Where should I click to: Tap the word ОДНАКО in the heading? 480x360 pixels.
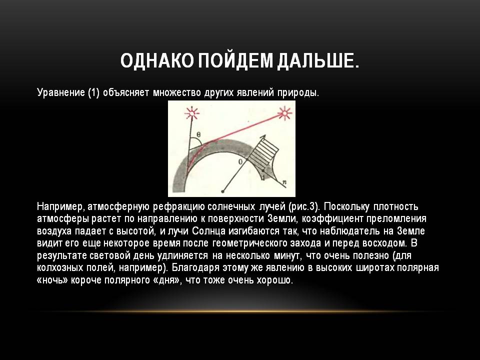point(156,60)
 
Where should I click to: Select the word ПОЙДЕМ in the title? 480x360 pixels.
point(235,60)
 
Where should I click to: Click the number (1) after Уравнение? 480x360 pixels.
point(93,92)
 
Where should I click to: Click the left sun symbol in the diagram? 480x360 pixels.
point(192,114)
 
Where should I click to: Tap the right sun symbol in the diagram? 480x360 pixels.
point(284,113)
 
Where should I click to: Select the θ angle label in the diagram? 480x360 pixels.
point(198,134)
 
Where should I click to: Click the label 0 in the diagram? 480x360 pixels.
point(240,161)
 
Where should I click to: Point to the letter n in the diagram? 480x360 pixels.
point(284,182)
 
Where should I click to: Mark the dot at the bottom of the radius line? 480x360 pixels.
point(223,191)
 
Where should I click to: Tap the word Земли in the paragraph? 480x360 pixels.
point(282,219)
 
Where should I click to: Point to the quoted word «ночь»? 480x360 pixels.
point(52,280)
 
